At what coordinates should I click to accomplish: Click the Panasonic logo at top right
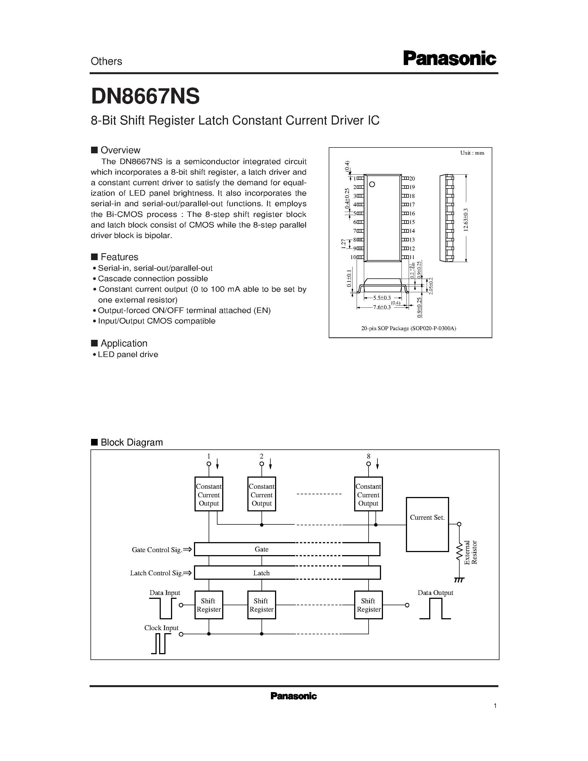(449, 59)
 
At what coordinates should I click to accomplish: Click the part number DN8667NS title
(145, 96)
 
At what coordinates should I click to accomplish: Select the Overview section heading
(120, 150)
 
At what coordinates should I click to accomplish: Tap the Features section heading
(119, 257)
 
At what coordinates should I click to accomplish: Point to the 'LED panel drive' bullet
(128, 354)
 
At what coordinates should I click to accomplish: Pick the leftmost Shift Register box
(209, 605)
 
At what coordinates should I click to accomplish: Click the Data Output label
(435, 593)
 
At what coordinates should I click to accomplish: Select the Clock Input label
(161, 628)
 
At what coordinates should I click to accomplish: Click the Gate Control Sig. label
(157, 550)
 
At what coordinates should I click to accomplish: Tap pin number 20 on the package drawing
(412, 178)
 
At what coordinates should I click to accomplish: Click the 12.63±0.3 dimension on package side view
(466, 219)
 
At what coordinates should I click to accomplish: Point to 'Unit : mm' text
(472, 153)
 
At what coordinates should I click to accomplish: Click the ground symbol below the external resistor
(459, 580)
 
